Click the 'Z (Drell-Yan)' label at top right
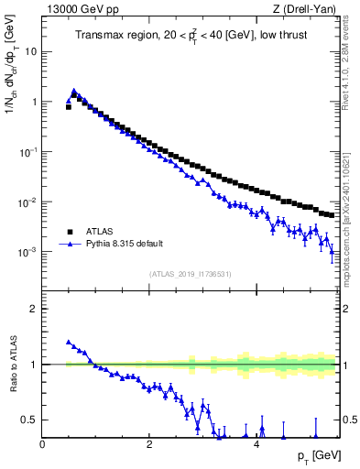click(308, 8)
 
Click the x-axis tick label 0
click(43, 444)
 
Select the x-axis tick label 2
click(149, 444)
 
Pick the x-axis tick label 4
click(256, 444)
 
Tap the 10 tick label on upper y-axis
click(30, 52)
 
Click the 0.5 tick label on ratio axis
click(30, 420)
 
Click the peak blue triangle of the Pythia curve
click(73, 92)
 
